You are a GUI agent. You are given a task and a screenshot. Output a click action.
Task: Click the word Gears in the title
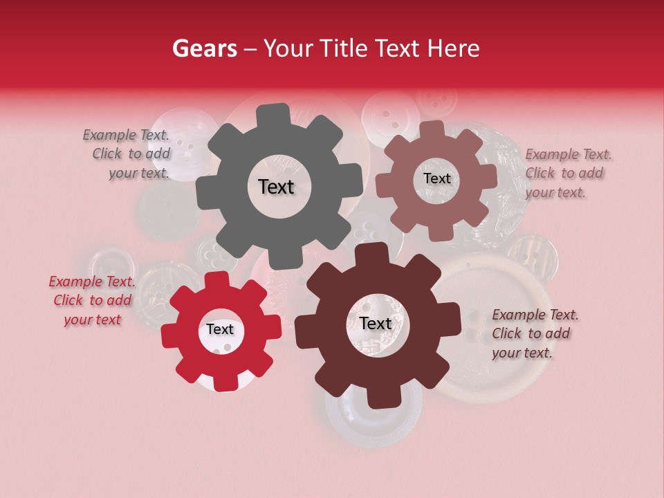click(x=203, y=48)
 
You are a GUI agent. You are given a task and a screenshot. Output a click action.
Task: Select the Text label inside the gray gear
click(x=276, y=187)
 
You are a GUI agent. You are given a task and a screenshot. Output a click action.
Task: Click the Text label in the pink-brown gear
click(x=436, y=178)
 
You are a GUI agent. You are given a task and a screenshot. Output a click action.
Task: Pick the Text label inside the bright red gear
click(x=219, y=330)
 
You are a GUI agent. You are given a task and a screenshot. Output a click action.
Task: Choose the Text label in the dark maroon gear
click(x=376, y=324)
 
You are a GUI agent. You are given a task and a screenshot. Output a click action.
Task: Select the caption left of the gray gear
click(x=127, y=154)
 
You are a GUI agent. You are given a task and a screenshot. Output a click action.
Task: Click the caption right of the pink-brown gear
click(x=568, y=173)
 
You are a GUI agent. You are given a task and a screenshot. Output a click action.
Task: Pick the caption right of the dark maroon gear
click(x=535, y=333)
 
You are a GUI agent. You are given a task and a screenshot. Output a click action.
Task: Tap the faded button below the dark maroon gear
click(x=373, y=418)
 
